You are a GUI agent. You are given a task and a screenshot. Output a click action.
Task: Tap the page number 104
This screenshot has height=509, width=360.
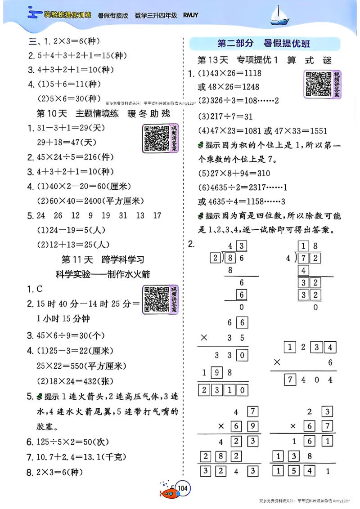[183, 488]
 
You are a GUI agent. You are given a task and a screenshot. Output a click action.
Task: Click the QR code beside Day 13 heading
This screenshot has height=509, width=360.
[318, 84]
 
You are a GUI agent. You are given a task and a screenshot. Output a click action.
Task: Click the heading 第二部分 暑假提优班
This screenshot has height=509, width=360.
[264, 44]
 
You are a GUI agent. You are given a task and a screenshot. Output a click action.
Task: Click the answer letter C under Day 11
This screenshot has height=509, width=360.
[40, 289]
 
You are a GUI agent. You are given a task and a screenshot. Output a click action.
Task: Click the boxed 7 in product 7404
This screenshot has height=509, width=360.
[291, 380]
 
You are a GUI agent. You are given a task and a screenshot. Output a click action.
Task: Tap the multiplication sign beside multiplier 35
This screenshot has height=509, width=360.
[204, 338]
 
